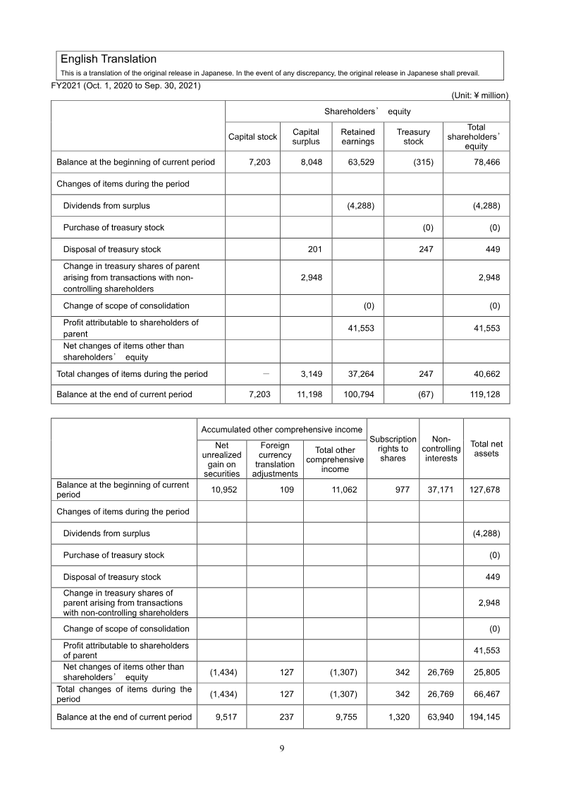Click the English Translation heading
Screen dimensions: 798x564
tap(109, 59)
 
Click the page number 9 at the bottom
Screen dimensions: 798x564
tap(281, 749)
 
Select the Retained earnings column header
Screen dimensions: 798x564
tap(357, 137)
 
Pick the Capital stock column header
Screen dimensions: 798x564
tap(252, 137)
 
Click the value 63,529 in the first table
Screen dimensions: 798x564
tap(360, 162)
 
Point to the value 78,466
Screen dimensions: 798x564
tap(486, 162)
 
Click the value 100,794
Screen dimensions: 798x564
tap(357, 394)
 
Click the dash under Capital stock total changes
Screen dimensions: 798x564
tap(264, 373)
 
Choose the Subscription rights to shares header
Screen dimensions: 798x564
tap(393, 449)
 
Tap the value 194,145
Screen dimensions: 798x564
tap(486, 717)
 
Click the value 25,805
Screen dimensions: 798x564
tap(486, 671)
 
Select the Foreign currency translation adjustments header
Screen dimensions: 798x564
tap(274, 459)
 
